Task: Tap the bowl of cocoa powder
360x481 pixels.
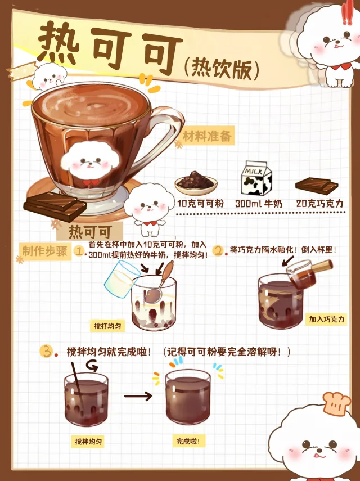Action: coord(196,183)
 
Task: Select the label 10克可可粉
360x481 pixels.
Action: coord(201,204)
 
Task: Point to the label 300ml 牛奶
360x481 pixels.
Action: coord(259,204)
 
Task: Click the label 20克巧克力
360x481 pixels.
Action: coord(320,203)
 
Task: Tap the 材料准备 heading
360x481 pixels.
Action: coord(207,136)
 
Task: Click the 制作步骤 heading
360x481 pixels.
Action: coord(45,251)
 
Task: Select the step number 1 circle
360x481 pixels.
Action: coord(79,251)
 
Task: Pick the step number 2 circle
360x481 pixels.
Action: coord(218,250)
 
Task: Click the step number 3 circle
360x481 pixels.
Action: coord(46,351)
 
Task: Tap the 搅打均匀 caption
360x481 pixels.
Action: coord(107,326)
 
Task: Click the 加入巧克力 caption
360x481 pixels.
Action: coord(327,320)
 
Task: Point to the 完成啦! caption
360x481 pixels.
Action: coord(188,442)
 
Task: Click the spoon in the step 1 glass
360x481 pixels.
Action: coord(160,283)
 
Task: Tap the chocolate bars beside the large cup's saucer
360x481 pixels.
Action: coord(55,206)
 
